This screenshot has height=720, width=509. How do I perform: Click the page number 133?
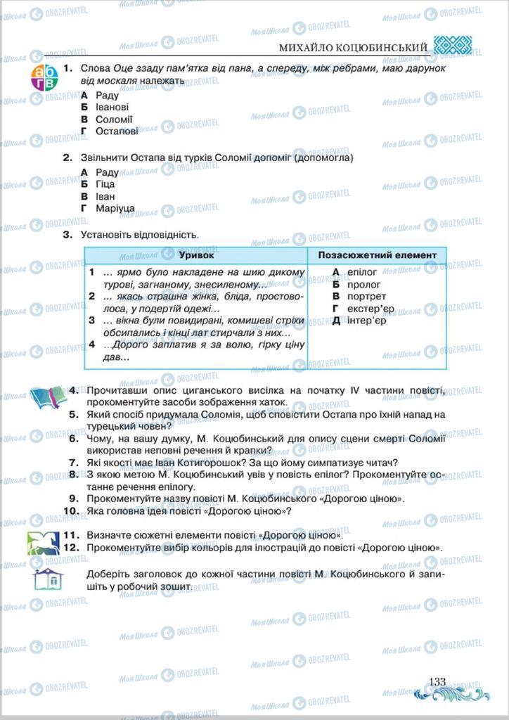(x=437, y=681)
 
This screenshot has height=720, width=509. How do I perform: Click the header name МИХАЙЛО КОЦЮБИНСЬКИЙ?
(x=353, y=47)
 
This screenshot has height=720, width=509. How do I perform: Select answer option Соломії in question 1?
(x=114, y=120)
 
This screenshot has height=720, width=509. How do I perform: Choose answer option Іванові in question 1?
(x=112, y=108)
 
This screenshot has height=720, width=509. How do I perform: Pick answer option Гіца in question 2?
(x=105, y=184)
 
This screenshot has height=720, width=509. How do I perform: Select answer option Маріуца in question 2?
(x=115, y=209)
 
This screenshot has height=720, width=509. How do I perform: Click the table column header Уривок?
(x=195, y=255)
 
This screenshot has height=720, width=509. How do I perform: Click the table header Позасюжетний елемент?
(x=377, y=255)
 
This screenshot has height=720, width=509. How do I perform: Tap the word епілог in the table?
(x=362, y=272)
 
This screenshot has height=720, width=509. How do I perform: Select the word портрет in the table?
(x=367, y=297)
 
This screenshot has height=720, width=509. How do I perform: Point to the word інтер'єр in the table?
(x=366, y=321)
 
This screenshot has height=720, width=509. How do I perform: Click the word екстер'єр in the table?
(x=371, y=309)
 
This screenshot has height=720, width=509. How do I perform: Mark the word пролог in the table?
(x=364, y=285)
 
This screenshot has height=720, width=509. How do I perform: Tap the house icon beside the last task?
(x=48, y=580)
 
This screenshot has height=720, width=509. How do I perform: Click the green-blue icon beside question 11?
(x=44, y=542)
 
